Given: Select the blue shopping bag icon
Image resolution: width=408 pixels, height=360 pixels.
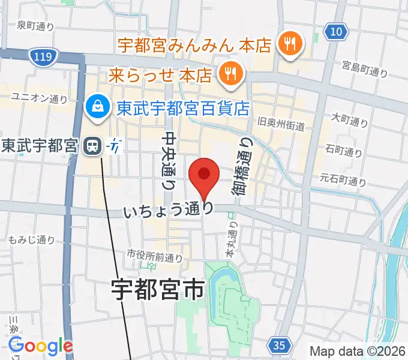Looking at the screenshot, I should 97,108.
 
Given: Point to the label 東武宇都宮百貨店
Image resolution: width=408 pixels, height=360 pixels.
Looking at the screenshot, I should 183,109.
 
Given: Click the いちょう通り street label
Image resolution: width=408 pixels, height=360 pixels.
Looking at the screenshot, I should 168,210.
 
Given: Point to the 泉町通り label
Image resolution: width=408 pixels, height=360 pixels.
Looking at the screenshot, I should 35,25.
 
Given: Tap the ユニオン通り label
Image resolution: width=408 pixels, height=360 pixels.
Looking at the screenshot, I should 40,97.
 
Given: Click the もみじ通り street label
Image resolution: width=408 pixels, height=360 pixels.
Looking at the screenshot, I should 32,240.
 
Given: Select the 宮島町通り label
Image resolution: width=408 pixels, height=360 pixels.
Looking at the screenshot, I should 365,69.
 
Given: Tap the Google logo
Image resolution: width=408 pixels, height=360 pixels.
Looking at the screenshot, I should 41,346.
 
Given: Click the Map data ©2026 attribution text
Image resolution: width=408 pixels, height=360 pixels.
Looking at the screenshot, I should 356,350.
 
